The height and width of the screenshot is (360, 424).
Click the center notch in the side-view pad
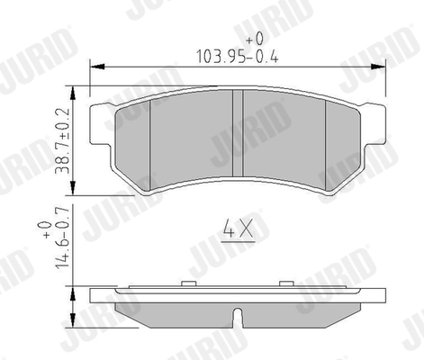(238, 316)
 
